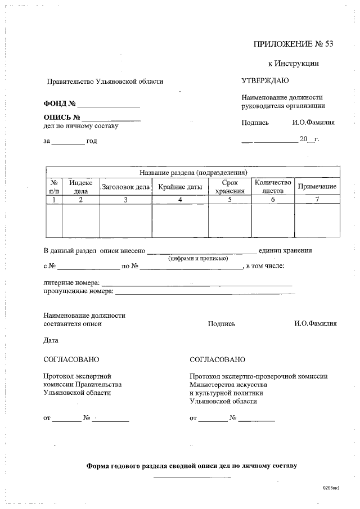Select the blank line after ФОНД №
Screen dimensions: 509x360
click(109, 105)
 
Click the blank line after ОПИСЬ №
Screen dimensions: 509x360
click(111, 118)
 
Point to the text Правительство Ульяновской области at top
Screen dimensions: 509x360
click(105, 82)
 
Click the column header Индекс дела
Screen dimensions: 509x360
click(80, 187)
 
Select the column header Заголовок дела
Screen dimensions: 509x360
click(125, 187)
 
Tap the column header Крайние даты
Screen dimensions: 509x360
click(180, 187)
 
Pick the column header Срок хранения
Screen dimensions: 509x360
click(229, 187)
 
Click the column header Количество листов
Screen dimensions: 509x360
click(273, 187)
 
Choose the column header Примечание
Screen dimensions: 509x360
click(317, 187)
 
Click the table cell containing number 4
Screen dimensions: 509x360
click(180, 200)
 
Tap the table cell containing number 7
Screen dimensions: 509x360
click(317, 200)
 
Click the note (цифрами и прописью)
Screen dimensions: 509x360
click(198, 259)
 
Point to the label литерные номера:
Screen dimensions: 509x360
click(71, 282)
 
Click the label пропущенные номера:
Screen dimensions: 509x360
click(78, 291)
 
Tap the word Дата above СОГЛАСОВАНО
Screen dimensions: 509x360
click(51, 340)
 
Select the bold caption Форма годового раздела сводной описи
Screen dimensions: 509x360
click(191, 466)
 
